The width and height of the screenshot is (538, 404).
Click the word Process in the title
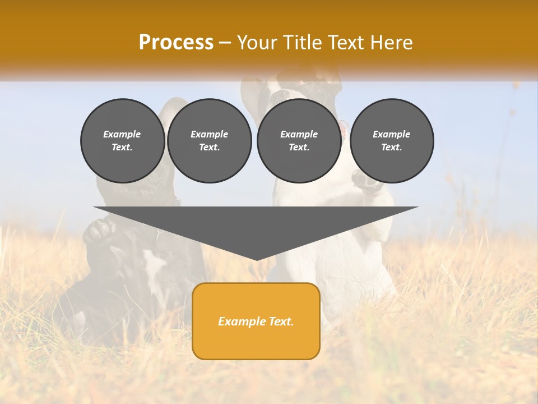coord(176,42)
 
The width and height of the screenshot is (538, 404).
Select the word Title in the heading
coord(304,42)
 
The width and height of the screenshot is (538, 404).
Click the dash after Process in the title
coord(225,43)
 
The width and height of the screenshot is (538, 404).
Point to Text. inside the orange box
coord(280,322)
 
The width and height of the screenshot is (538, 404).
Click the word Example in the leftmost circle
coord(122,134)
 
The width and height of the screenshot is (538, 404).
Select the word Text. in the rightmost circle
coord(392,147)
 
